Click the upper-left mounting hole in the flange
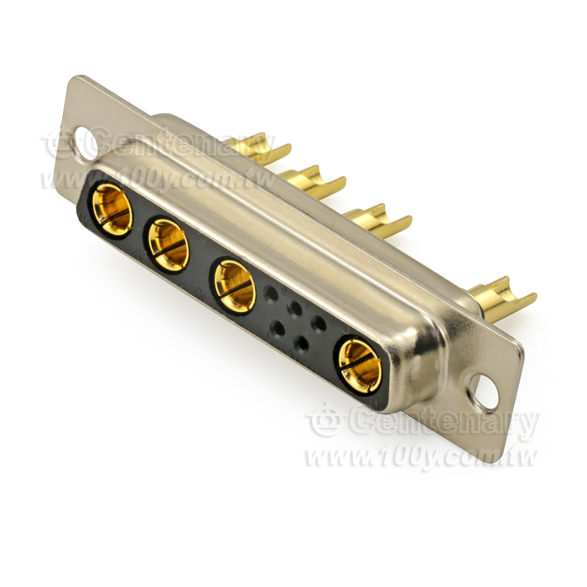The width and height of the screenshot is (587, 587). point(86,143)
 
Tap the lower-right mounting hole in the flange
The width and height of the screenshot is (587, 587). point(483,392)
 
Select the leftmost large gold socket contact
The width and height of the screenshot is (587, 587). point(112,210)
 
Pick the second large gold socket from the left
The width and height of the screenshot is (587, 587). point(169,245)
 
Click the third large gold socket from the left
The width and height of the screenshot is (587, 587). point(235,287)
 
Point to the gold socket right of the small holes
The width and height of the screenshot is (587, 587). point(360,366)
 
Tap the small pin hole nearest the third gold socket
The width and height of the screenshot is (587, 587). point(270,293)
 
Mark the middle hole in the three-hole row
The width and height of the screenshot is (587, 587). point(294,308)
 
